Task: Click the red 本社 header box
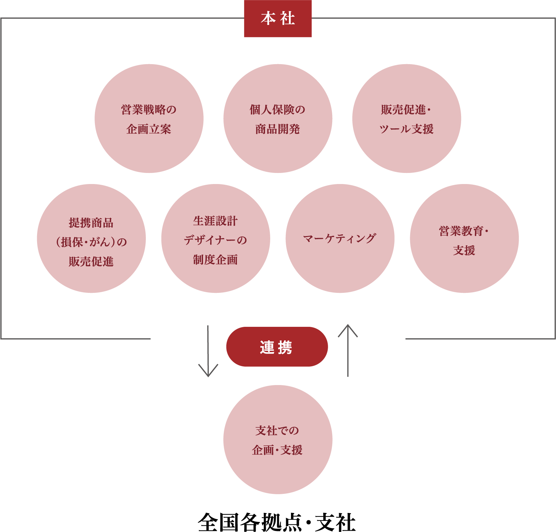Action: [x=277, y=18]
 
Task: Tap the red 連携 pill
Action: [x=277, y=347]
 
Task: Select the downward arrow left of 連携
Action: [x=208, y=352]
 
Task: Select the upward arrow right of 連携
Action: [x=347, y=350]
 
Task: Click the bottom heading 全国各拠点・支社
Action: [x=277, y=522]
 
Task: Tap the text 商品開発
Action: [x=277, y=129]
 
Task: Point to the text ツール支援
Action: [x=406, y=129]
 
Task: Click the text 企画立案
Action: [x=149, y=129]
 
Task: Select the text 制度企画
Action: [x=215, y=260]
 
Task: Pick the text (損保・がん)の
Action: [x=91, y=242]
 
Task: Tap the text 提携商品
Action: [x=91, y=223]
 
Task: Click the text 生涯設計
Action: [x=215, y=221]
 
